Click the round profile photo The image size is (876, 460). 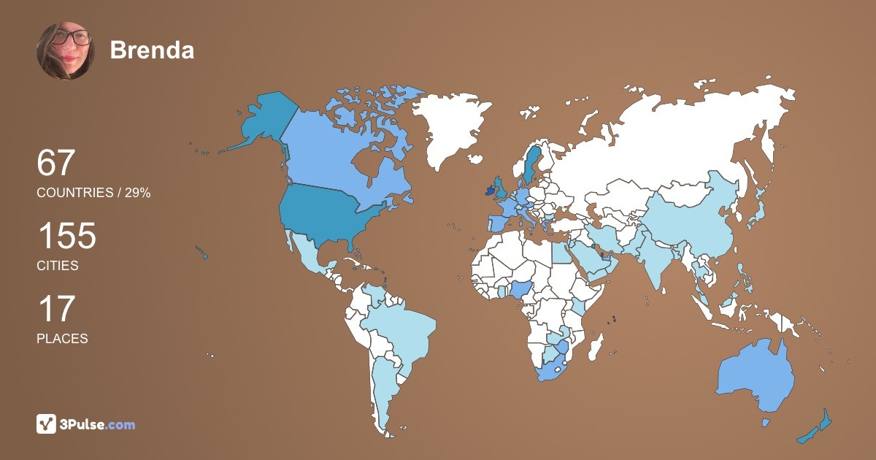66,50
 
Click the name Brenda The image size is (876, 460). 152,50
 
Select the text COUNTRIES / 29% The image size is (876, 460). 93,193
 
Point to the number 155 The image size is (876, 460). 66,236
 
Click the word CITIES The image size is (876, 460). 58,266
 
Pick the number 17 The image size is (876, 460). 55,309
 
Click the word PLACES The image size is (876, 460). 62,339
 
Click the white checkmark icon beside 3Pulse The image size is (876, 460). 47,424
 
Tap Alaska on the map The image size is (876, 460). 266,120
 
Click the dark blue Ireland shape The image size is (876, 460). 487,191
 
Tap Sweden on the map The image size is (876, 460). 531,164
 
